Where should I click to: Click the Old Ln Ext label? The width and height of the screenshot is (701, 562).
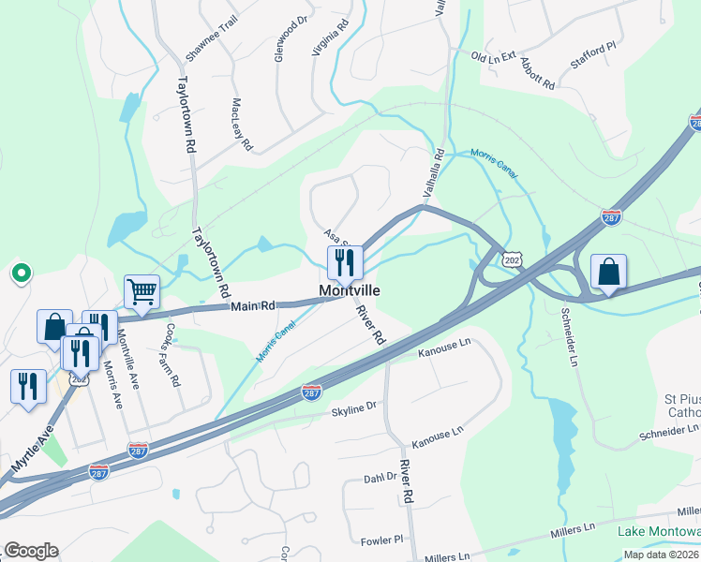coord(493,58)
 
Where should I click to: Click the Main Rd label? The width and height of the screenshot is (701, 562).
coord(254,305)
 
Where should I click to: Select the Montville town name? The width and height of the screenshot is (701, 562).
coord(350,290)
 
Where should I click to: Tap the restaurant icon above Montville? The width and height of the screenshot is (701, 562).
coord(345,262)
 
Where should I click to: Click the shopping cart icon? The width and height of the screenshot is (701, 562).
coord(142,291)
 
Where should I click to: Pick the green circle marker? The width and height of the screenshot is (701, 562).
coord(20,274)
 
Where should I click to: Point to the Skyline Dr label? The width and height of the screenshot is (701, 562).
coord(353,409)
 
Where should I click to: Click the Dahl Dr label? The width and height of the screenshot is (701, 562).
coord(380,478)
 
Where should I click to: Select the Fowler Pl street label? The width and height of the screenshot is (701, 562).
coord(380,540)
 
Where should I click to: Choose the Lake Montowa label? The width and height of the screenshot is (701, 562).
coord(659,532)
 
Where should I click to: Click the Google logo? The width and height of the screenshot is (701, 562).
coord(31,551)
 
